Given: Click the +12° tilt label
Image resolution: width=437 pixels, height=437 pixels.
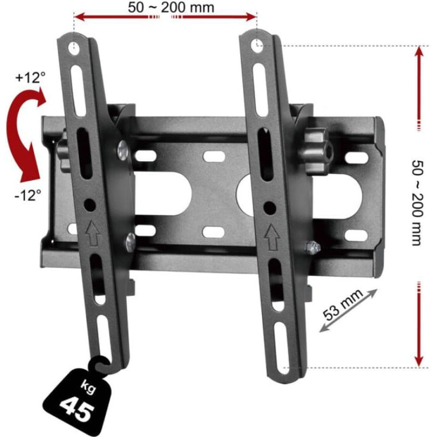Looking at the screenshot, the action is pos(31,77).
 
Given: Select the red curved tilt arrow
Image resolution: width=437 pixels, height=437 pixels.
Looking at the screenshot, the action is pos(23,134).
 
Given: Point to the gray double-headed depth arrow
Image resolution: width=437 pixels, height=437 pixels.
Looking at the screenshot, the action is pos(348,310).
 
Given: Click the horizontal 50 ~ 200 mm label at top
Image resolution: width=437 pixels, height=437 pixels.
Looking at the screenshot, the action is pos(171,8).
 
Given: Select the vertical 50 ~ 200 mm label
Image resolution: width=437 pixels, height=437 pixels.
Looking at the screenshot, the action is pos(417,203).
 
